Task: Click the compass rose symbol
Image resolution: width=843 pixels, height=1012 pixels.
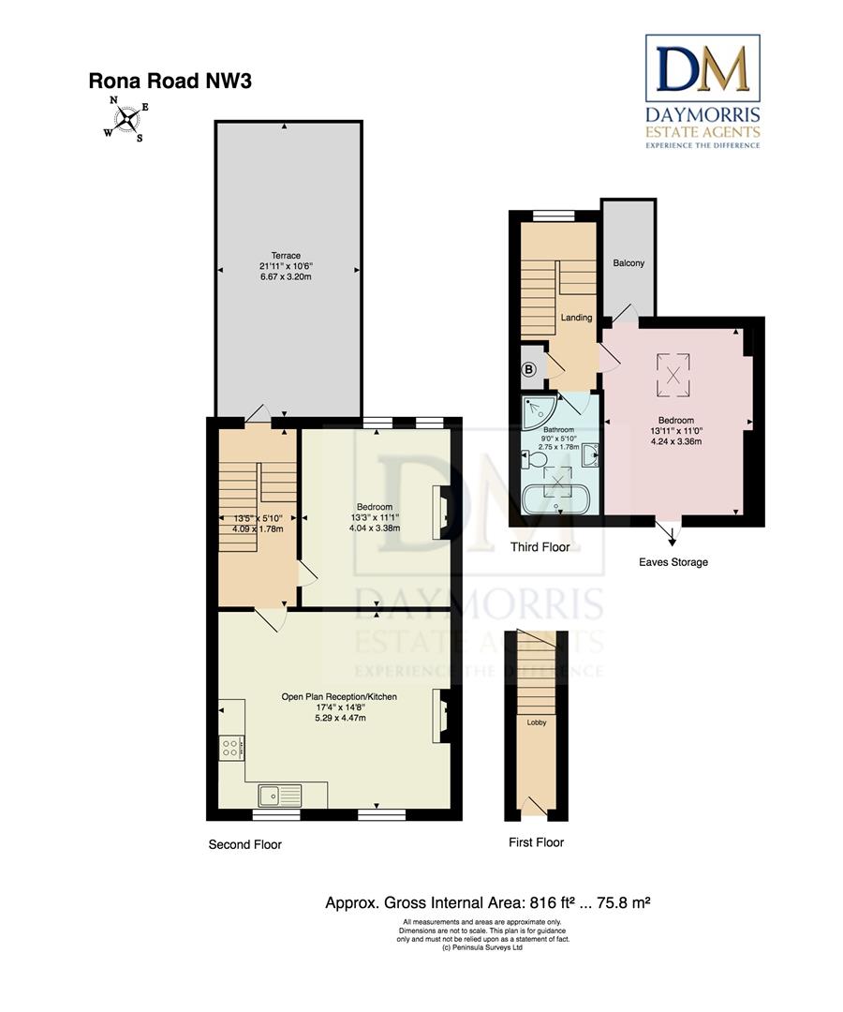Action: point(126,118)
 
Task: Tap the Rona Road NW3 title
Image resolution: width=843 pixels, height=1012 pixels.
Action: point(170,82)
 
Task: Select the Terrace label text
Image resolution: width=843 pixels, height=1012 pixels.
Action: point(286,256)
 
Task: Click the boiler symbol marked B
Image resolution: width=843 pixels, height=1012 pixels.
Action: point(529,370)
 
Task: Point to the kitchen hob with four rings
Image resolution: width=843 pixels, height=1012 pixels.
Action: point(231,748)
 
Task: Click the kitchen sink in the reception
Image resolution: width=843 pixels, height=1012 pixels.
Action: point(280,796)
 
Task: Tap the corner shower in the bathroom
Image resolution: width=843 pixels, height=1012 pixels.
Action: point(540,412)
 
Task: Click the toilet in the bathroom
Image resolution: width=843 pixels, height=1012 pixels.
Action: point(535,460)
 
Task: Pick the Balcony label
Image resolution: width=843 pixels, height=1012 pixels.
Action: point(629,263)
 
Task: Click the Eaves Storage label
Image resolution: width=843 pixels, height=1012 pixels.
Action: point(673,562)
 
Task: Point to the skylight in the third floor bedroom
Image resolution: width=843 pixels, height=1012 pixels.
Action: point(673,376)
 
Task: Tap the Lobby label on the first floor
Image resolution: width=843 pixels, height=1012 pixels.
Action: point(537,722)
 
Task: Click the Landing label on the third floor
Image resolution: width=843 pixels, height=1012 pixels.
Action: point(576,318)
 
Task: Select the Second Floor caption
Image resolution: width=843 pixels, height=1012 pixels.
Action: point(245,844)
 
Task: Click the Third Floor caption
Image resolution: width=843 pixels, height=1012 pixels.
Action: point(540,547)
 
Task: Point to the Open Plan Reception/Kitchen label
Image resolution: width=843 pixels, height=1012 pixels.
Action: point(339,697)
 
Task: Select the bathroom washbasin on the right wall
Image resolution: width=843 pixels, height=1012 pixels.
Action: point(590,457)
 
